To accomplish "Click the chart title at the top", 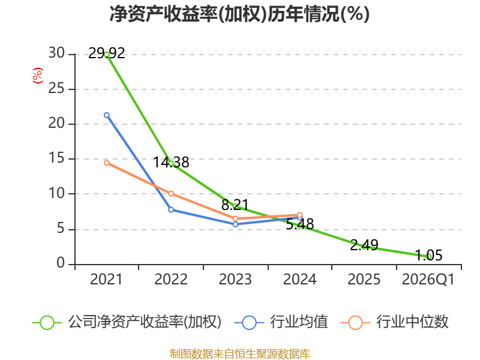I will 239,14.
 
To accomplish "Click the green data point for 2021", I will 107,55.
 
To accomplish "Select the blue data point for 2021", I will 107,115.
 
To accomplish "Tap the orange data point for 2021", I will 107,163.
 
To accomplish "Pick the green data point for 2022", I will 171,163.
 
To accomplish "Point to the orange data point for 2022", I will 171,193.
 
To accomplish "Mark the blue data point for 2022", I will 171,209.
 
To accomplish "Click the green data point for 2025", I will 364,246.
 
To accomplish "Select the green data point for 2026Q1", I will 428,256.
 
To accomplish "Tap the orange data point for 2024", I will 300,215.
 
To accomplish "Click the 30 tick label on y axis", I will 56,54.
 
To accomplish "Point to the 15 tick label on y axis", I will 56,159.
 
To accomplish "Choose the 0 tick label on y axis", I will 61,263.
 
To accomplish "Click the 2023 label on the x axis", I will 235,280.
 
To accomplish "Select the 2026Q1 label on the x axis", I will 428,280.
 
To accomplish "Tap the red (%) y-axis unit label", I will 37,76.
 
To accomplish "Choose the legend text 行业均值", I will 299,322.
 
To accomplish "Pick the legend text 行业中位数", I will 412,322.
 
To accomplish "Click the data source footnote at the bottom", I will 239,353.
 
